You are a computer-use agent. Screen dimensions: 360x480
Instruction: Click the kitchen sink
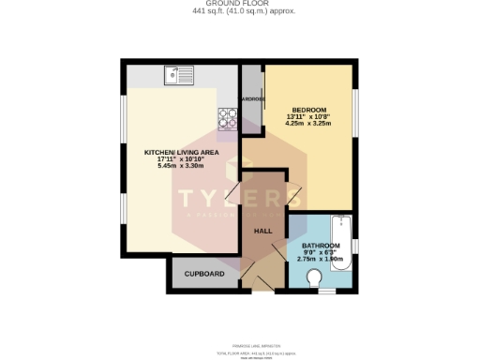click(175, 75)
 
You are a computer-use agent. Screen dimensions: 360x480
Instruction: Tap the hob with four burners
click(228, 118)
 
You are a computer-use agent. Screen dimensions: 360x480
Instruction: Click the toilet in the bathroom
click(315, 277)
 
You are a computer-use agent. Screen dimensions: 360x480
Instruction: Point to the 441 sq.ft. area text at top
click(239, 12)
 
